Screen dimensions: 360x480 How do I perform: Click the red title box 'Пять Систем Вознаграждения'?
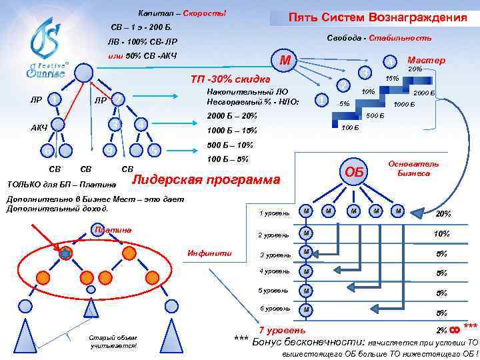point(377,19)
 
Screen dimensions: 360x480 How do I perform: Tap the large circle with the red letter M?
point(285,61)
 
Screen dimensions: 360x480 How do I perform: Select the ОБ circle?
point(353,172)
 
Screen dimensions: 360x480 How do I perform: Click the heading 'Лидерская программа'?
point(207,180)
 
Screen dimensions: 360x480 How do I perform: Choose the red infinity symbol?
point(456,329)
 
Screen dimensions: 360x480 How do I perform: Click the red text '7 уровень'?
point(283,330)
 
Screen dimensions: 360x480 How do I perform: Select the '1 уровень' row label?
point(274,213)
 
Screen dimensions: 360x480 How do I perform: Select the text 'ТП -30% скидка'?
point(230,79)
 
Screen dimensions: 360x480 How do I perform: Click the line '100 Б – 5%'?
point(228,159)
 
